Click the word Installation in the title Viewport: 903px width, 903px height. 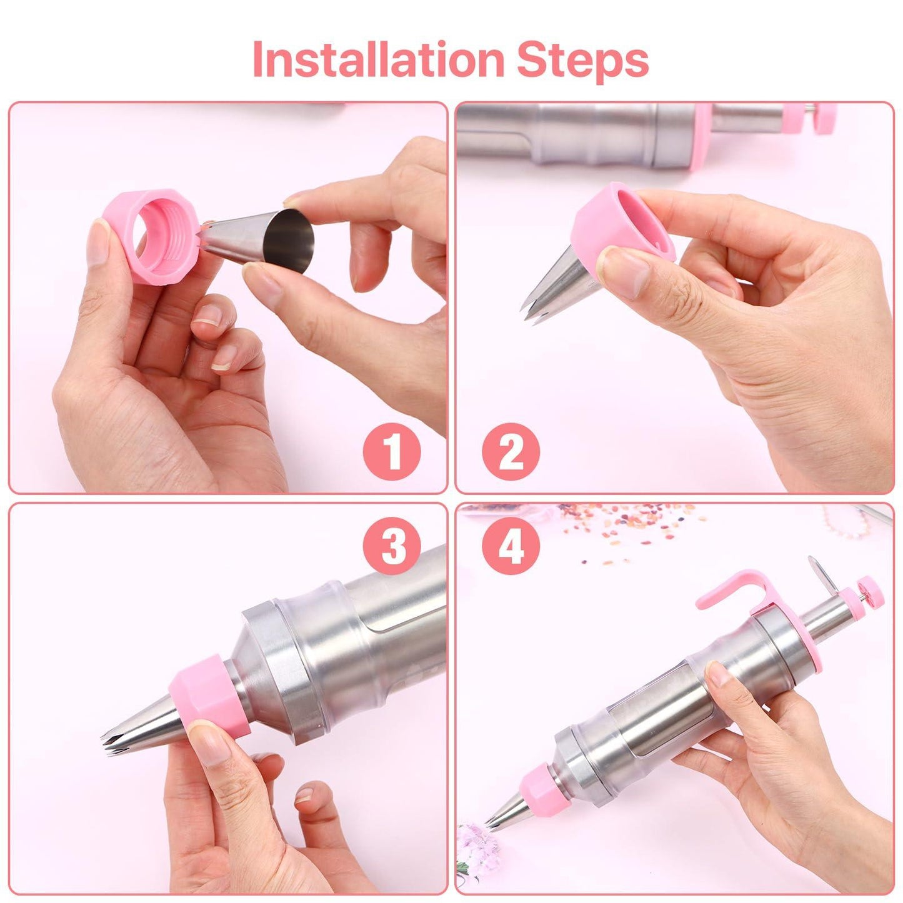pyautogui.click(x=377, y=60)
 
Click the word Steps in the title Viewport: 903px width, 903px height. pyautogui.click(x=582, y=60)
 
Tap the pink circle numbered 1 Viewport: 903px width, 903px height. pyautogui.click(x=392, y=451)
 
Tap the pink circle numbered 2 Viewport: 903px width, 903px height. pyautogui.click(x=511, y=451)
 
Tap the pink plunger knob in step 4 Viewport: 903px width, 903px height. pyautogui.click(x=870, y=591)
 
